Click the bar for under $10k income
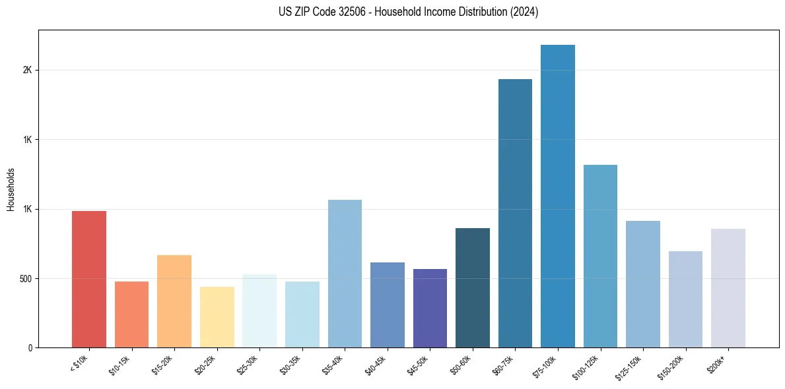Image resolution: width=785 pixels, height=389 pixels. point(89,280)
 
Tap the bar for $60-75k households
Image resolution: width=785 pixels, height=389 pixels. point(515,214)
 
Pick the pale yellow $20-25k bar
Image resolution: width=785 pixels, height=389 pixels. point(217,317)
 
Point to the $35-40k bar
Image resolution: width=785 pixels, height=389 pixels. point(345,274)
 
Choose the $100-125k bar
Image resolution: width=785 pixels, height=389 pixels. point(600,256)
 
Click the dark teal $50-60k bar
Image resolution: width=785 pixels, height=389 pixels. point(473,288)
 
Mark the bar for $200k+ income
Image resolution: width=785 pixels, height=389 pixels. point(728,288)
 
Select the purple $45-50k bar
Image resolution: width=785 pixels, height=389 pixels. point(430,309)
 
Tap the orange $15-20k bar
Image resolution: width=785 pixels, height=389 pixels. point(174,301)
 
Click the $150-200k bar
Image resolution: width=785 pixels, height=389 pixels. point(685,299)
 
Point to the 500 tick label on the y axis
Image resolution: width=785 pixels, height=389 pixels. point(24,279)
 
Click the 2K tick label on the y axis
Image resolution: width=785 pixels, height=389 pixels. point(27,71)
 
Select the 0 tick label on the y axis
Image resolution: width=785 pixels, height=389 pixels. point(29,348)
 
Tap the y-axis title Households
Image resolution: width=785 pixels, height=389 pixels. point(11,189)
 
